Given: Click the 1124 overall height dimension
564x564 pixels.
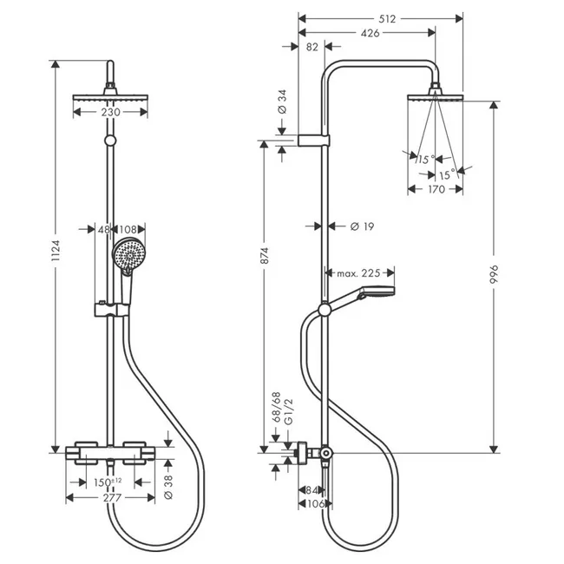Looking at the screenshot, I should pos(54,252).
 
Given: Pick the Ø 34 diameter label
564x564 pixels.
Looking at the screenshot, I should pos(283,102).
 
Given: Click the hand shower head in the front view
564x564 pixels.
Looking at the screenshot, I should pos(127,254).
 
